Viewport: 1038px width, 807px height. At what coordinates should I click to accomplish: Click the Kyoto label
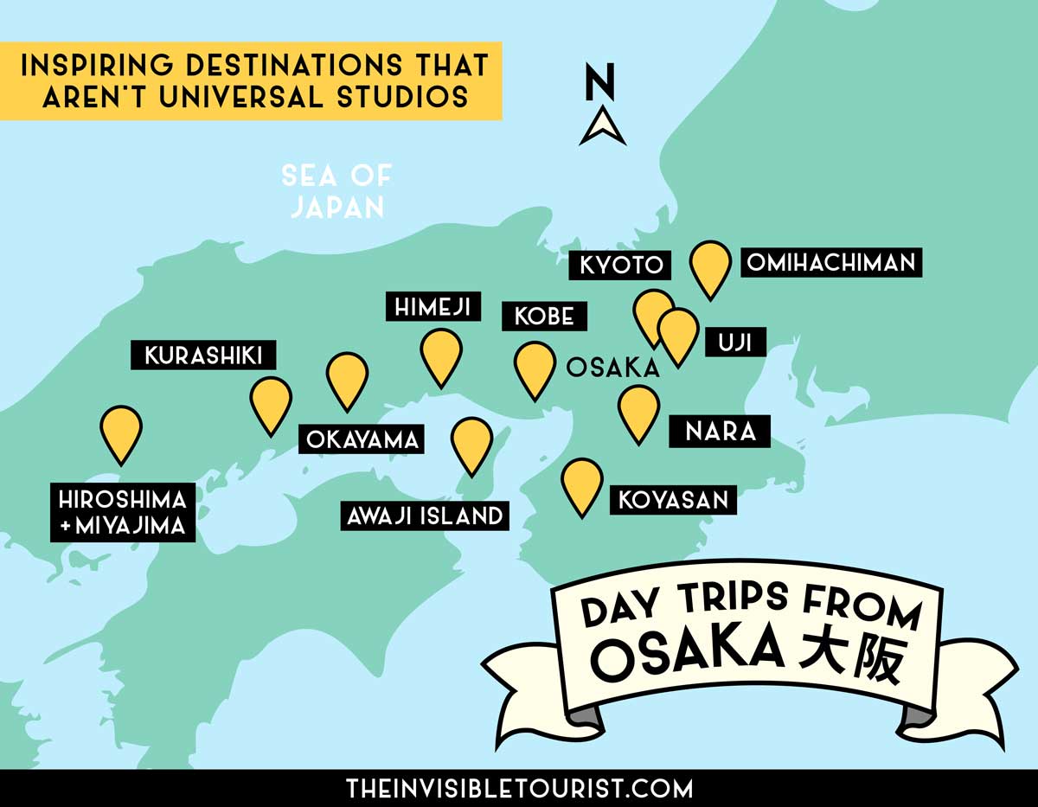(621, 265)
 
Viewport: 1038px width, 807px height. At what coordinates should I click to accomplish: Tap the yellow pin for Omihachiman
(711, 266)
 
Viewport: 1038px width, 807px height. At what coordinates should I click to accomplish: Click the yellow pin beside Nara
(638, 411)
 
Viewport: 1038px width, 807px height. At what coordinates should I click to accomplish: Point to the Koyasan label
(673, 499)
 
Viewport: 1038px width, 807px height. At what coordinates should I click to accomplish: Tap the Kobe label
(544, 316)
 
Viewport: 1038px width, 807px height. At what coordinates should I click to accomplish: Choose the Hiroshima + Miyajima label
(123, 514)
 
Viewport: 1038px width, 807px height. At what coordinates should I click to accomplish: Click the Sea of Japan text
(336, 191)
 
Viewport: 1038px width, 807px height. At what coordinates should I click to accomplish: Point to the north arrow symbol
(603, 126)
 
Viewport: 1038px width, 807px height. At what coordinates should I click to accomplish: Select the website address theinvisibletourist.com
(519, 788)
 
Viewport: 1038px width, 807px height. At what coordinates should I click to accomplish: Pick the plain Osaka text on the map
(612, 368)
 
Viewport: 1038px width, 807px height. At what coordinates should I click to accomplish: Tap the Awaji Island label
(424, 516)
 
